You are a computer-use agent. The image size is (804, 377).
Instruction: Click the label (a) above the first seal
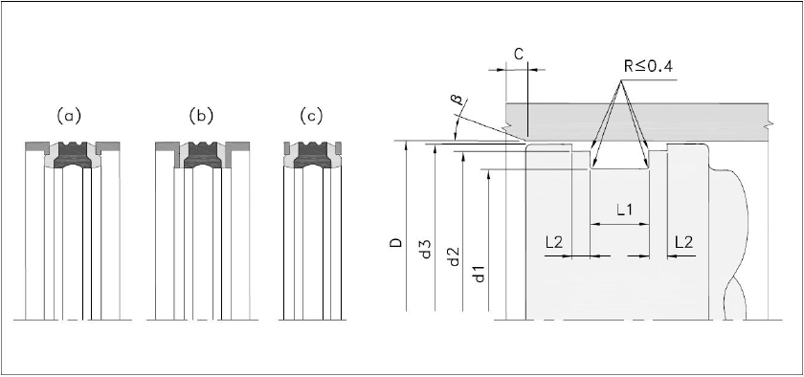coord(69,117)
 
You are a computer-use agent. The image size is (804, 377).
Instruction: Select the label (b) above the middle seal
coord(200,117)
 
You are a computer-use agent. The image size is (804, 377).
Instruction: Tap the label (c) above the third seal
coord(311,117)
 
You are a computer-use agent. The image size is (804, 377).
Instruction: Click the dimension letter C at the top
coord(519,55)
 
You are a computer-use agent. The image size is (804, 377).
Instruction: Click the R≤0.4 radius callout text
coord(648,67)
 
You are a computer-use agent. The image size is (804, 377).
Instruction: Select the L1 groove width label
coord(624,210)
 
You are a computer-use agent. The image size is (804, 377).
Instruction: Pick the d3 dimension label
coord(426,250)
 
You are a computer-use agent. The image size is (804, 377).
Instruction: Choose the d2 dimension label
coord(454,257)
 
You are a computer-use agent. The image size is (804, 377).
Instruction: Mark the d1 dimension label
coord(480,273)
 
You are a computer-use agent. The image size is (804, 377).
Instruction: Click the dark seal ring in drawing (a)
coord(72,156)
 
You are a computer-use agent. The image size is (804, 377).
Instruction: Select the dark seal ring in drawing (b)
coord(203,156)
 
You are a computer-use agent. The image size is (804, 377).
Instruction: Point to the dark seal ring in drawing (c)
coord(312,156)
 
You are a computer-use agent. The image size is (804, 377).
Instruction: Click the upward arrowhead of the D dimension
coord(406,146)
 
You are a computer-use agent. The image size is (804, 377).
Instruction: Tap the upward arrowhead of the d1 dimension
coord(490,175)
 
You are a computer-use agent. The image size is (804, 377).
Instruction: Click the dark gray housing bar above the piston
coord(636,122)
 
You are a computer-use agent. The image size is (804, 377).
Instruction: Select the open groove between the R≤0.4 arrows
coord(620,160)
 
